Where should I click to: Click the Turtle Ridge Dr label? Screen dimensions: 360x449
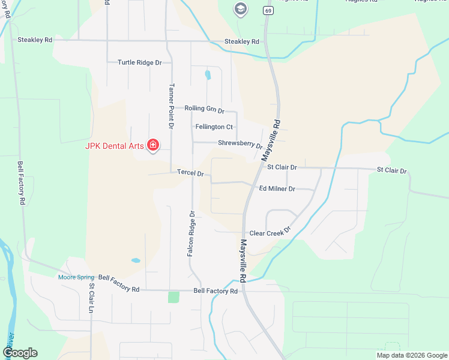tap(140, 62)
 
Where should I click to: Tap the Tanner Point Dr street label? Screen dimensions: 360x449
tap(171, 106)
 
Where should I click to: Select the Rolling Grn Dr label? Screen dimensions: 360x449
tap(204, 109)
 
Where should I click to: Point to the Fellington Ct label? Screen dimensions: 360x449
tap(214, 127)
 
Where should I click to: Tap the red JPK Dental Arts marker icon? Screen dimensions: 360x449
tap(153, 145)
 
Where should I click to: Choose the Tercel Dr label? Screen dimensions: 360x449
tap(190, 173)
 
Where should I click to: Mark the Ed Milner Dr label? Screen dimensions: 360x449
tap(277, 188)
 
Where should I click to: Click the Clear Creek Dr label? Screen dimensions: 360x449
tap(270, 232)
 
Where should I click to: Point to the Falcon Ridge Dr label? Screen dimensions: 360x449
tap(191, 234)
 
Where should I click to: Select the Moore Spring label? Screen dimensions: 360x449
tap(76, 277)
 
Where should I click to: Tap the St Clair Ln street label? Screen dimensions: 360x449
tap(92, 298)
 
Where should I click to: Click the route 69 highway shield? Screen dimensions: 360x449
tap(266, 10)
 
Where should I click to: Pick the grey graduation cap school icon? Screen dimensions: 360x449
tap(241, 8)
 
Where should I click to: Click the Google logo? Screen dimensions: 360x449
tap(20, 352)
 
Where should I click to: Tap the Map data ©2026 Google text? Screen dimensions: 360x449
tap(411, 355)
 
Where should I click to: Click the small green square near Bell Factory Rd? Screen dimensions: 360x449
tap(173, 296)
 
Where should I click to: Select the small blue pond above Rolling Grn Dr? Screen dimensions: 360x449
tap(208, 75)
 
